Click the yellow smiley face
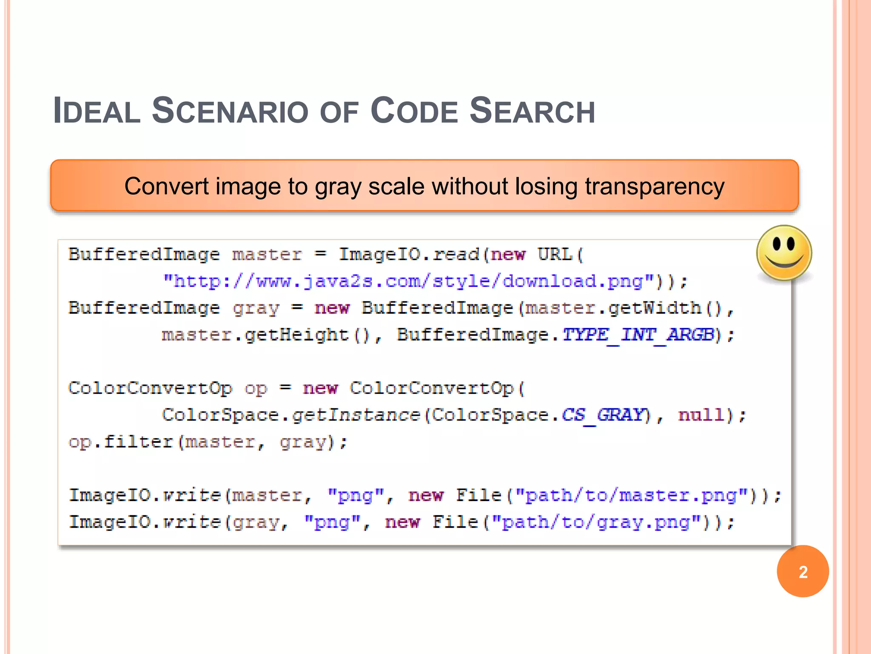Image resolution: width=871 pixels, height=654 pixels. click(784, 253)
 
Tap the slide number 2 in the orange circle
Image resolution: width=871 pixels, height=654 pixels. click(803, 572)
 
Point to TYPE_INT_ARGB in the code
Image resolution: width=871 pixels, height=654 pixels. click(638, 335)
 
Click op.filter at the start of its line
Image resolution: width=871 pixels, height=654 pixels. click(121, 442)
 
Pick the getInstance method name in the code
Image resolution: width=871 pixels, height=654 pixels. click(356, 415)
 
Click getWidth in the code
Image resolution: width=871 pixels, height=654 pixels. click(655, 308)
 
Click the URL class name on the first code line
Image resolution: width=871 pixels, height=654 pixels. click(555, 255)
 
